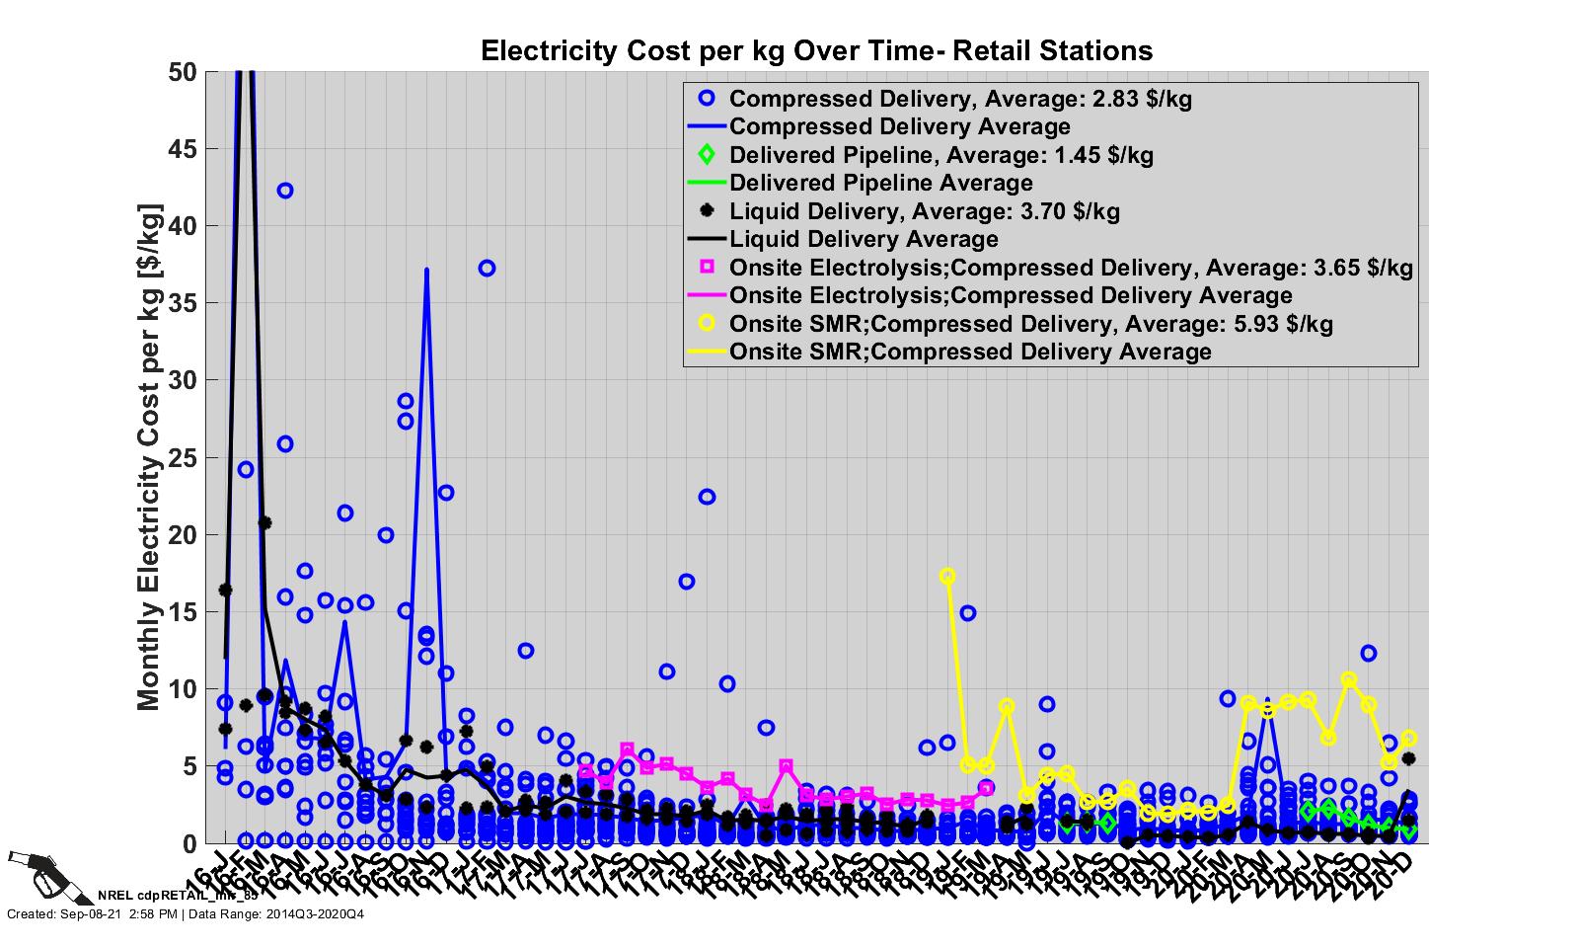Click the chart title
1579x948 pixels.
tap(816, 50)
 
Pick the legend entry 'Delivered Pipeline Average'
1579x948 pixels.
tap(880, 183)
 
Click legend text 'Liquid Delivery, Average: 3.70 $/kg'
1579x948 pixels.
tap(924, 211)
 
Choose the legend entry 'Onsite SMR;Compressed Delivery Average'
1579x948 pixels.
tap(969, 352)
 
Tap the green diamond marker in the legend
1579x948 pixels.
tap(707, 155)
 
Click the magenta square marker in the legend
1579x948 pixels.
tap(707, 268)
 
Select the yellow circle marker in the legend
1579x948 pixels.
tap(707, 324)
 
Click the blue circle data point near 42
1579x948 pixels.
tap(285, 191)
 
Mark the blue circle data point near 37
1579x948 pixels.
tap(487, 269)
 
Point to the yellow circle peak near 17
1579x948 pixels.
tap(947, 576)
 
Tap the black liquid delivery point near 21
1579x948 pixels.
tap(264, 523)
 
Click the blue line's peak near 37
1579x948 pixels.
tap(426, 269)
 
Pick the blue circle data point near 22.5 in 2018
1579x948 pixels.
tap(707, 497)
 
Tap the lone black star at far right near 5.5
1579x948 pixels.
tap(1409, 758)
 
